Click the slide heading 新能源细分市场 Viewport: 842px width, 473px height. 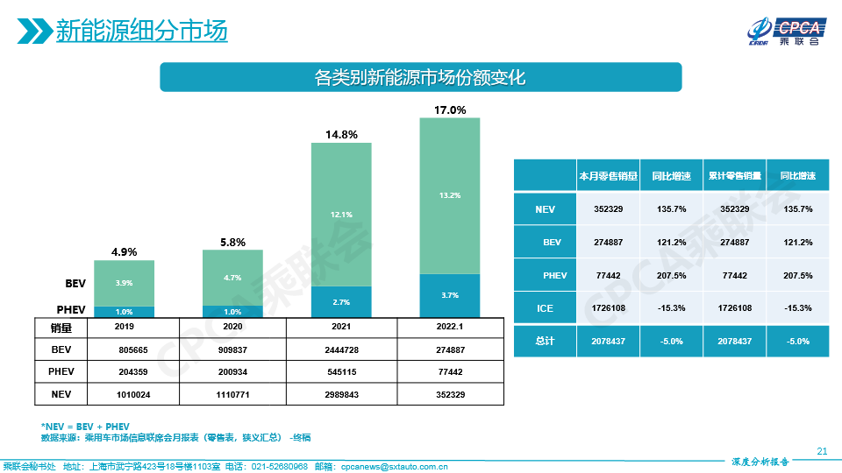click(x=141, y=32)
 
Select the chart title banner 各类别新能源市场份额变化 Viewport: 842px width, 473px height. click(x=420, y=77)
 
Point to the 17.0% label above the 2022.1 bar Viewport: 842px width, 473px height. click(x=450, y=110)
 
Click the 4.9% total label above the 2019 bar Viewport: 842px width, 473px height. click(x=124, y=252)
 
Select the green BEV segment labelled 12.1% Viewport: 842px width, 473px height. click(x=341, y=214)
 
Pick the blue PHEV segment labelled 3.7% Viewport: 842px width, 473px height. click(x=450, y=295)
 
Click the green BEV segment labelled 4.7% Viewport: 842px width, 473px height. click(x=232, y=278)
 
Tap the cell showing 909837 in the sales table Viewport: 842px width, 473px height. click(x=232, y=349)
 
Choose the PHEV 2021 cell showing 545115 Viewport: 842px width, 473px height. click(x=341, y=371)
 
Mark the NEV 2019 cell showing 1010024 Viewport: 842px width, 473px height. click(x=124, y=394)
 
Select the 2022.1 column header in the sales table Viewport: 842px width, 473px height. click(x=450, y=326)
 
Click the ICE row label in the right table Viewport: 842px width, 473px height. click(x=545, y=308)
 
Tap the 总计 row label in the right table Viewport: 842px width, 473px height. click(x=545, y=341)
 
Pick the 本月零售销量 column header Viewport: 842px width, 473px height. click(x=607, y=176)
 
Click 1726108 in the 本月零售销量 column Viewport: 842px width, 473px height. click(x=607, y=308)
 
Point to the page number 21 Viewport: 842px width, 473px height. click(x=822, y=452)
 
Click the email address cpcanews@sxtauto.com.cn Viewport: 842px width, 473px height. click(x=394, y=467)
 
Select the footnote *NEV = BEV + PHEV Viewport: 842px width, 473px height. click(x=85, y=425)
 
